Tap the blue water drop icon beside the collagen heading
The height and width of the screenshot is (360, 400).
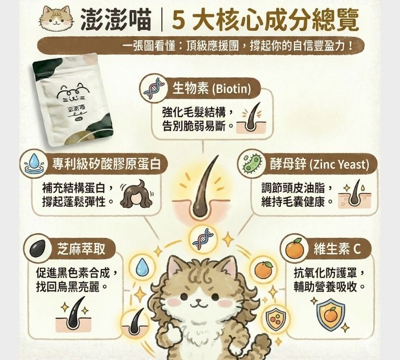[34, 164]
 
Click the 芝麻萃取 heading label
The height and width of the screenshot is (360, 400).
[80, 248]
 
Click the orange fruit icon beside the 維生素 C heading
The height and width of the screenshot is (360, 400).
[293, 248]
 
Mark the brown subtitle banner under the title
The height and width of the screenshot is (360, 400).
[200, 47]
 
